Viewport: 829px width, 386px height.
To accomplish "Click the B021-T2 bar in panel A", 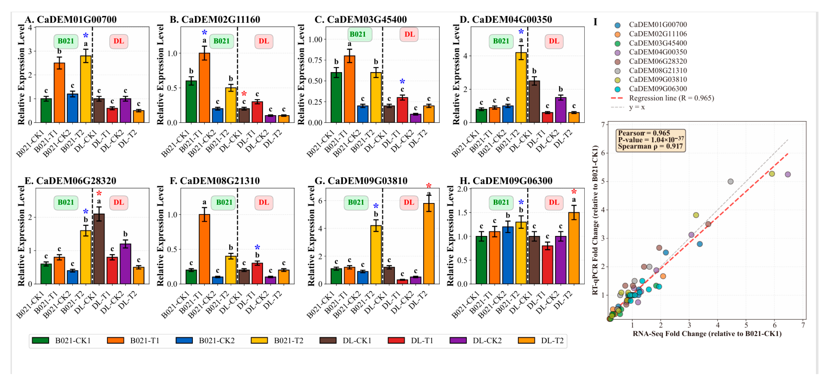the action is click(x=86, y=89).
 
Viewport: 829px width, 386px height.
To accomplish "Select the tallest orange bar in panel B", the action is click(x=204, y=88).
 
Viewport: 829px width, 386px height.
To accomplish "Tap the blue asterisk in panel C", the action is click(x=402, y=82).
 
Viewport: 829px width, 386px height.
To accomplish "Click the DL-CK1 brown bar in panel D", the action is click(x=534, y=102).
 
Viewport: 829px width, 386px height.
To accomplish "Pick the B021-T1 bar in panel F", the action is click(x=204, y=249).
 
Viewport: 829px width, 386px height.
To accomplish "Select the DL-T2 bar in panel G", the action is click(x=429, y=244).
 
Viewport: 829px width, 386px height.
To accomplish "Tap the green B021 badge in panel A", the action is click(x=66, y=41).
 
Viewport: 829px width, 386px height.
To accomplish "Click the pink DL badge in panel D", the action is click(x=554, y=41).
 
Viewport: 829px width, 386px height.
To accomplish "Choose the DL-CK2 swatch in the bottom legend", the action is click(x=458, y=340).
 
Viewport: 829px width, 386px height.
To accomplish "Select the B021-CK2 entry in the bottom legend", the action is click(x=205, y=340).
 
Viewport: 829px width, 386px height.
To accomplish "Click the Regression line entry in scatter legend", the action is click(x=662, y=98).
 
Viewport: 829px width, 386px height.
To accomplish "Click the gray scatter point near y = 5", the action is click(x=730, y=182).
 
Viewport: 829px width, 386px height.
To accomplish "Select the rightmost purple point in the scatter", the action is click(x=788, y=175).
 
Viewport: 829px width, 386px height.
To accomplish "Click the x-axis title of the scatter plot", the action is click(x=707, y=334).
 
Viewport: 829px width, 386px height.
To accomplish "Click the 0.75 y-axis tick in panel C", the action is click(x=315, y=60).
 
